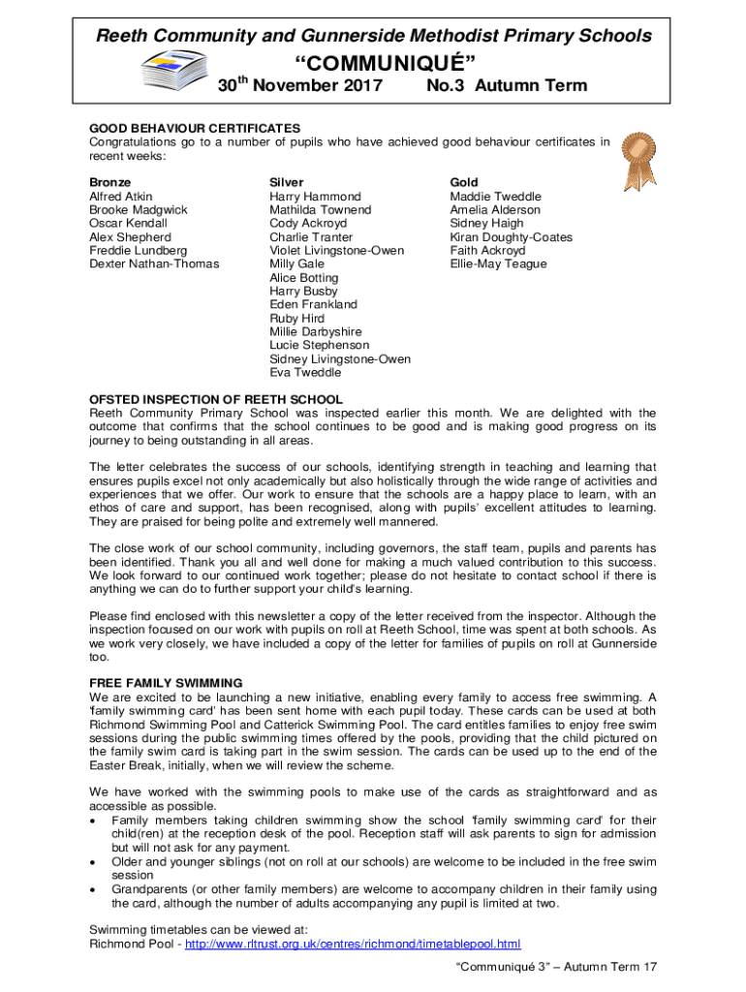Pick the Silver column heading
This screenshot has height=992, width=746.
[x=286, y=182]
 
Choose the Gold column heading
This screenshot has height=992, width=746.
[x=464, y=182]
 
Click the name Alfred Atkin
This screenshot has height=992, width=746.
[x=120, y=196]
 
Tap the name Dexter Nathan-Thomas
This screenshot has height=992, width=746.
[x=154, y=263]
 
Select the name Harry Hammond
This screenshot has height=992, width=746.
[x=315, y=196]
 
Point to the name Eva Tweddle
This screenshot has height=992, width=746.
[x=305, y=372]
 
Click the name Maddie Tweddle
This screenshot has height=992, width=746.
[x=495, y=196]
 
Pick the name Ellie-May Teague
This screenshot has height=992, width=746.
[x=498, y=263]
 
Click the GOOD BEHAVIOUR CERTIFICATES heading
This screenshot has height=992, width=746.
[x=195, y=128]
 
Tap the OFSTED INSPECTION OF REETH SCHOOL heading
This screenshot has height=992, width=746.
[x=215, y=399]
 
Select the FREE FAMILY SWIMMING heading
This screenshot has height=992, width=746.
[x=166, y=682]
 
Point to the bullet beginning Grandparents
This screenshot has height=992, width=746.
[x=384, y=888]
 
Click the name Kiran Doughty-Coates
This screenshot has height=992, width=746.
[x=511, y=236]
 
